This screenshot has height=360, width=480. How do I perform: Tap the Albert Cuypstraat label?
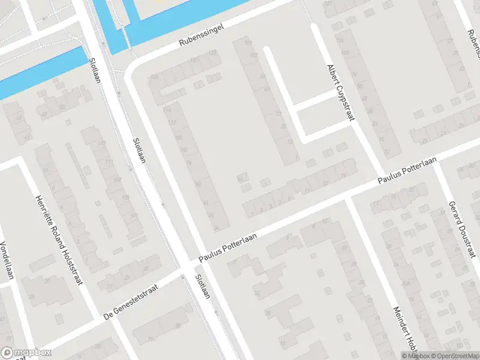338,93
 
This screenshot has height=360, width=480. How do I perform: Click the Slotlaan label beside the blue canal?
94,71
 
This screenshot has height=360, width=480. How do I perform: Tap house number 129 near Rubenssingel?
212,53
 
